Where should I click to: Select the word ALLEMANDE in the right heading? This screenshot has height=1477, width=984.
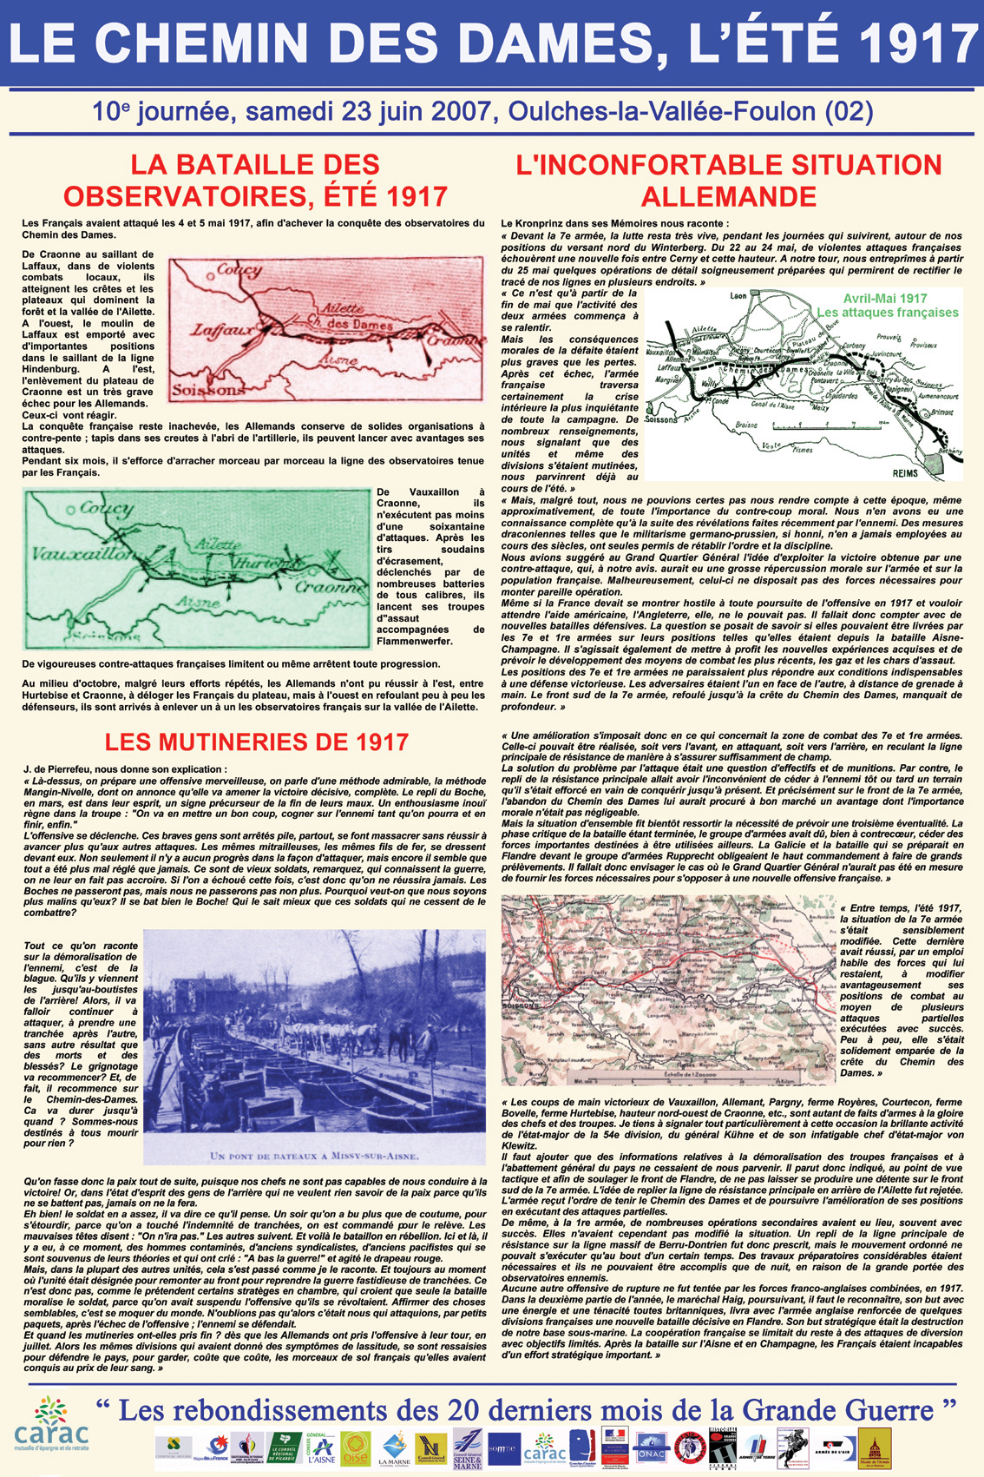tap(728, 196)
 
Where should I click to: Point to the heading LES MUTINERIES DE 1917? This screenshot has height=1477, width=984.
tap(256, 742)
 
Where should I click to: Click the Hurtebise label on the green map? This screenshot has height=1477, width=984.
tap(259, 562)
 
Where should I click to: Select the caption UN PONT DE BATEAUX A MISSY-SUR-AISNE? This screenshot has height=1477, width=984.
tap(314, 1156)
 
